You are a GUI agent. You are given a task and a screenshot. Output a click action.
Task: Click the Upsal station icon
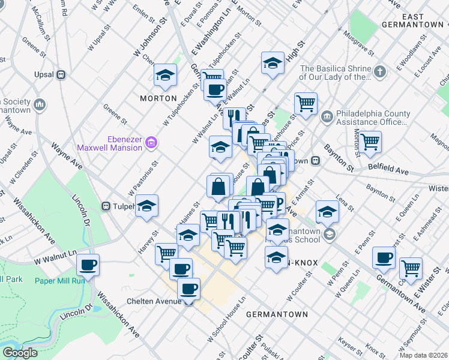(x=60, y=75)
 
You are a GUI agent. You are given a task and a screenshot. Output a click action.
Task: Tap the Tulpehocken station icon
(x=106, y=206)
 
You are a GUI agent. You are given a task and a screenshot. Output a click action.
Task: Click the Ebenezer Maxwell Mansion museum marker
(x=152, y=142)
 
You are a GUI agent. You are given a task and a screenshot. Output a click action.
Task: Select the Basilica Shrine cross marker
(x=379, y=73)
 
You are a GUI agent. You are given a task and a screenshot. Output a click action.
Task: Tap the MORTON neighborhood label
(x=158, y=98)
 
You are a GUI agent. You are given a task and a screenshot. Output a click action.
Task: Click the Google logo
(x=20, y=353)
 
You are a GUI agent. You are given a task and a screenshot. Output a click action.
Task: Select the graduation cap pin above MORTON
(x=164, y=76)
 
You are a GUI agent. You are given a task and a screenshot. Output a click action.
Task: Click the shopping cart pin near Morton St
(x=370, y=142)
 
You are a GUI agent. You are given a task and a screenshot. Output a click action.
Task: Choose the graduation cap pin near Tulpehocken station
(x=146, y=206)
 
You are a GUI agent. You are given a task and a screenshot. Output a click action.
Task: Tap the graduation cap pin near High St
(x=273, y=63)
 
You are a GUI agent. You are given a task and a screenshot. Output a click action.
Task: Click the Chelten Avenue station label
(x=154, y=301)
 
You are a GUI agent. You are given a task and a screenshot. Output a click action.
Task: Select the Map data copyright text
(x=424, y=355)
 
